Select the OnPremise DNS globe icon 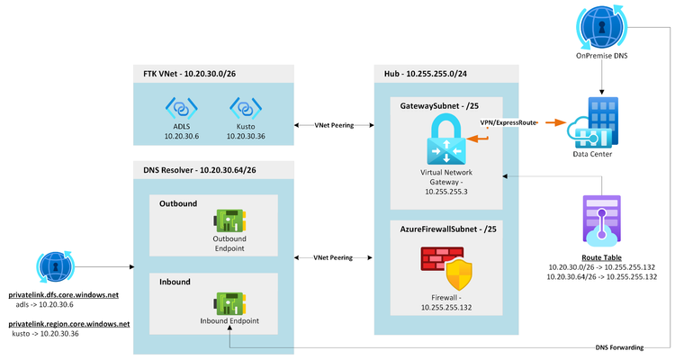pyautogui.click(x=598, y=29)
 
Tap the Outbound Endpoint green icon pyautogui.click(x=229, y=222)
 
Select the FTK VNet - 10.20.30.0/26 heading pyautogui.click(x=190, y=72)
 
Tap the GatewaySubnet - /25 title pyautogui.click(x=439, y=105)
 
